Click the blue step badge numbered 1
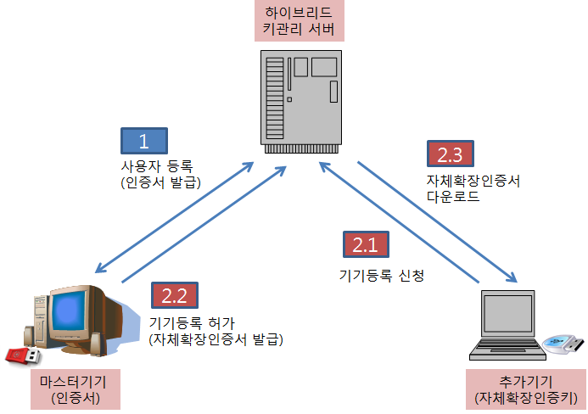144,140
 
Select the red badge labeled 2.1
365,244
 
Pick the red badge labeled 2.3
450,154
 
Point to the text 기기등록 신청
381,276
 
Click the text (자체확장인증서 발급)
216,339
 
